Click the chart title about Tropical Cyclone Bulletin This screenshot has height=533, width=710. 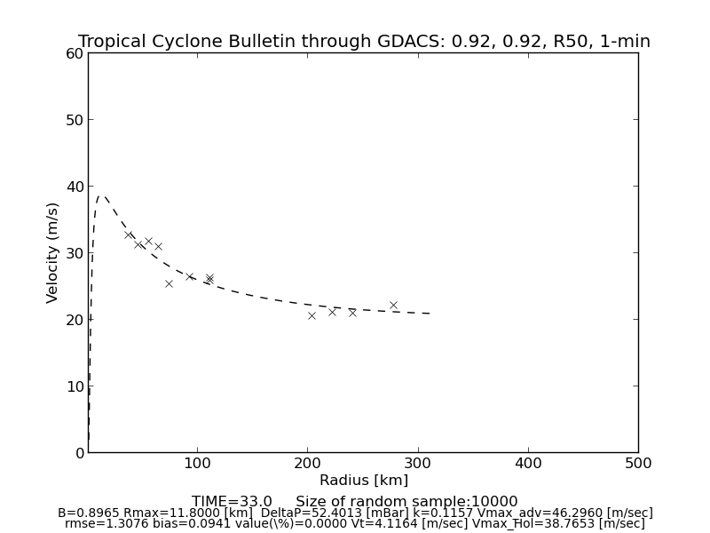364,42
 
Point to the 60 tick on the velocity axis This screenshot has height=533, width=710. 74,53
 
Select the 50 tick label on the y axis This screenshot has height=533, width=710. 74,120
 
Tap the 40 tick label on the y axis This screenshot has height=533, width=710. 74,187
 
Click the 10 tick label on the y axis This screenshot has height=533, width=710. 74,386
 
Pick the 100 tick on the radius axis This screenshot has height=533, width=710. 198,463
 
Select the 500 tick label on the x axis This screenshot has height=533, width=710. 638,463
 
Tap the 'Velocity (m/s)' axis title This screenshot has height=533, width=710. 53,252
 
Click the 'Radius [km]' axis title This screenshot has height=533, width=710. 364,481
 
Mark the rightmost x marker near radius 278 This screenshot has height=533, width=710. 393,305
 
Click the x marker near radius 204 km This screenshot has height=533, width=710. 312,315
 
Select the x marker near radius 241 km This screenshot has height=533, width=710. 352,313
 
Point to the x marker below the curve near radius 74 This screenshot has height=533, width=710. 169,283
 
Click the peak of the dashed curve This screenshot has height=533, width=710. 101,196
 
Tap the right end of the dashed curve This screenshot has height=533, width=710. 430,314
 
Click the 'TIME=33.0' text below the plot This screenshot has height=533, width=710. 232,502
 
